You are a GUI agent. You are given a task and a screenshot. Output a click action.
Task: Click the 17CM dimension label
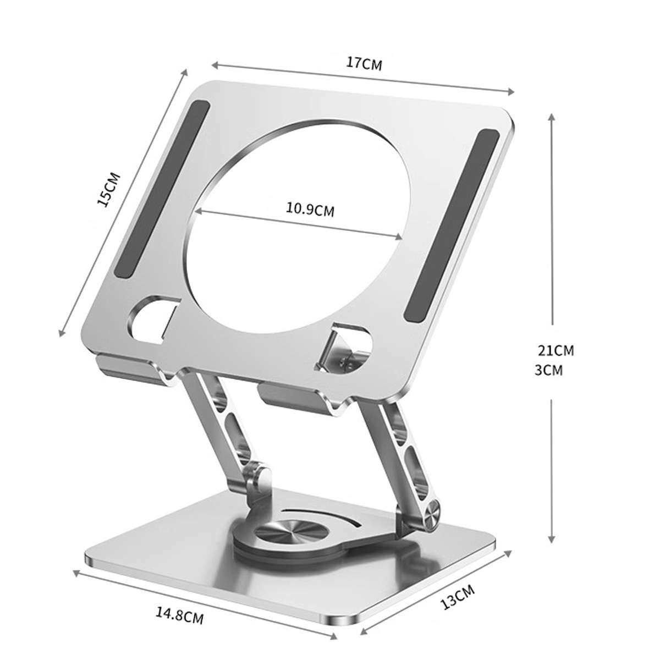[x=364, y=64]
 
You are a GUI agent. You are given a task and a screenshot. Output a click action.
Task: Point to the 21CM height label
[x=555, y=350]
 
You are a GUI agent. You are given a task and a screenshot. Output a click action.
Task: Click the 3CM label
[x=549, y=370]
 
